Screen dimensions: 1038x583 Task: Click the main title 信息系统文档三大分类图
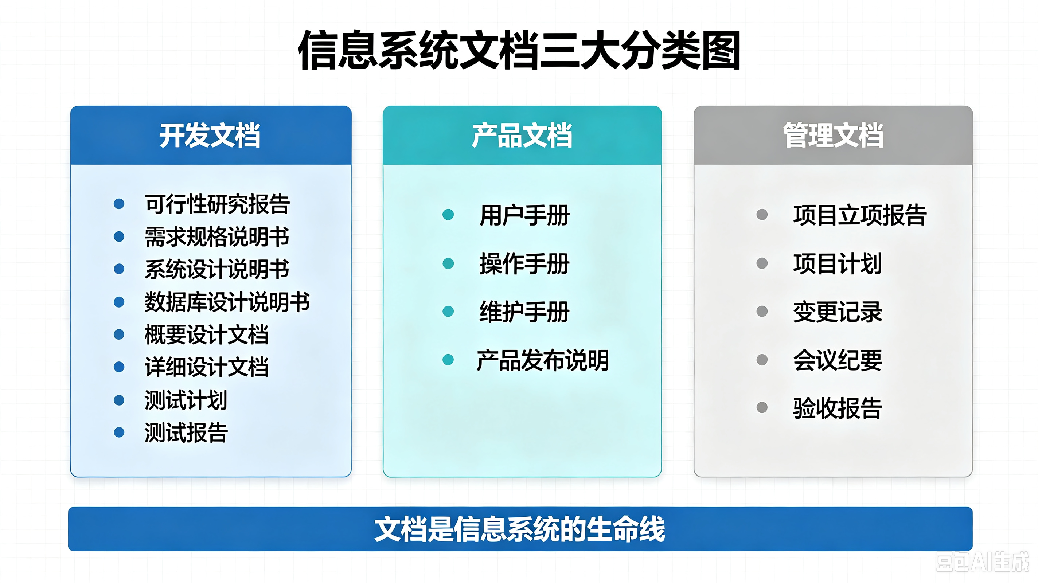click(x=519, y=50)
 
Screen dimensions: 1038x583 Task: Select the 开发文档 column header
click(x=210, y=136)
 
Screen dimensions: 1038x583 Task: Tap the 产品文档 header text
click(x=522, y=136)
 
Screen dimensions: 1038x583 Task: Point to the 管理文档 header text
click(x=833, y=136)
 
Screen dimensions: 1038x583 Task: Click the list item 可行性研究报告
click(x=217, y=204)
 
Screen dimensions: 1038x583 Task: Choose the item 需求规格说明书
click(x=217, y=236)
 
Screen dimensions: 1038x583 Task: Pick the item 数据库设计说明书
click(x=227, y=302)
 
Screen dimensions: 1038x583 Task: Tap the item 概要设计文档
click(x=207, y=335)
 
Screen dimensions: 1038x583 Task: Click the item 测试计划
click(x=186, y=400)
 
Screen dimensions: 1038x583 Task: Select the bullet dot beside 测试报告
click(x=119, y=432)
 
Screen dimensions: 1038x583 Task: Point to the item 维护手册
click(x=524, y=312)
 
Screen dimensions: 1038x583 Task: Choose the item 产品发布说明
click(x=543, y=360)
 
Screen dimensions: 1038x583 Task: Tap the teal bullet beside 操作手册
click(x=448, y=263)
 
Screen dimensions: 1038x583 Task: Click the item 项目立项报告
click(x=860, y=215)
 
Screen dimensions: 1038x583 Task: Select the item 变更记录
click(x=838, y=312)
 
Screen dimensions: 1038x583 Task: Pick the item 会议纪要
click(x=838, y=360)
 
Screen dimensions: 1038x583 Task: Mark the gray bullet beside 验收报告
click(x=762, y=408)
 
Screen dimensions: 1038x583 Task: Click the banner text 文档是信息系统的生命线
click(x=520, y=529)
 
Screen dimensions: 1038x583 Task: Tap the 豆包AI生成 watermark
click(x=982, y=562)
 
